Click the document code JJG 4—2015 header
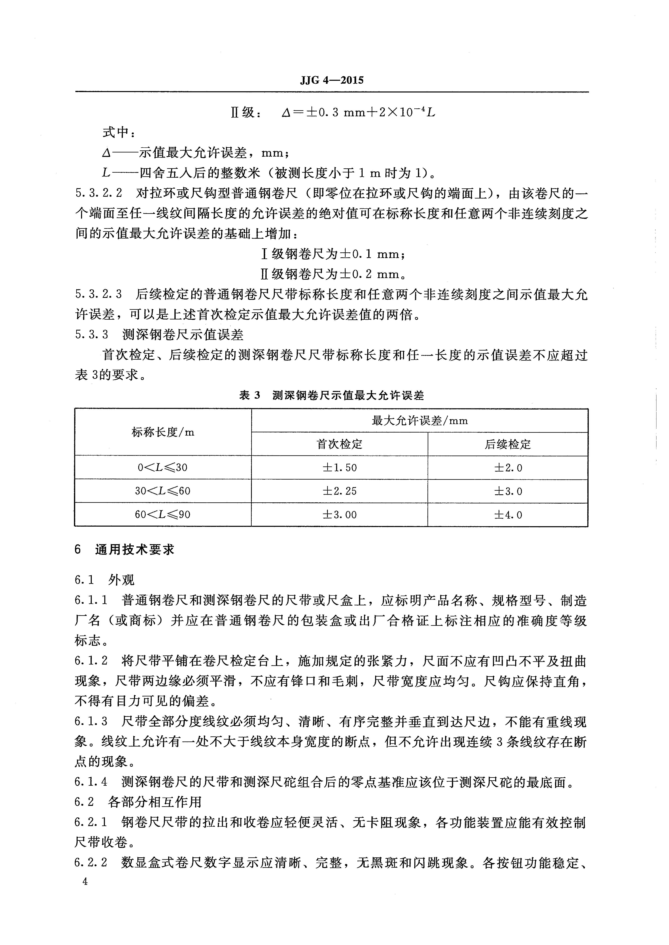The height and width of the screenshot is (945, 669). (332, 80)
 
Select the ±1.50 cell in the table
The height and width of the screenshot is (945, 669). (339, 468)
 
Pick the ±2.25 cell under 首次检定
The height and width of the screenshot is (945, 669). (339, 491)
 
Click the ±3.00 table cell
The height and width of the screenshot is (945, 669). (339, 514)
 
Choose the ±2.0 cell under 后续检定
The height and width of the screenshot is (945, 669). (508, 468)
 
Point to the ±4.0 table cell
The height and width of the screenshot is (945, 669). (508, 514)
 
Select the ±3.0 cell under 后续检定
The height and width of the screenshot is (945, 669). (508, 491)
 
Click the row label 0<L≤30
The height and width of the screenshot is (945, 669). (163, 468)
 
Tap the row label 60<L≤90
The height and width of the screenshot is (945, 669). (163, 514)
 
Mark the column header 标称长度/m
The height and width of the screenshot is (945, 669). (163, 432)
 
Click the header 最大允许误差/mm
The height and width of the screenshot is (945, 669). (419, 421)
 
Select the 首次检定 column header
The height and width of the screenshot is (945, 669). (339, 444)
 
